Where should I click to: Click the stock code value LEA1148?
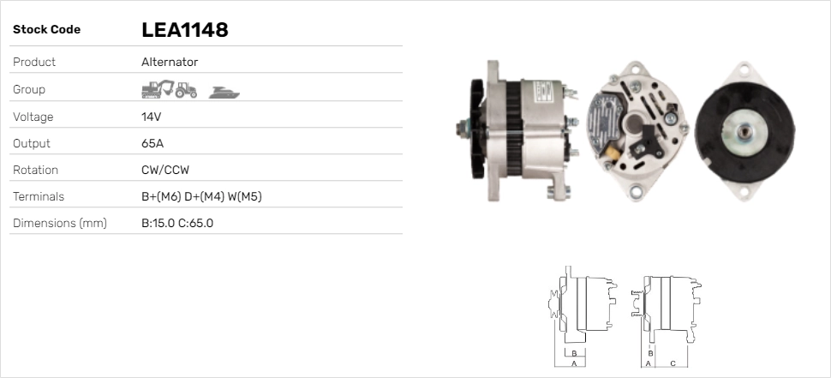[184, 30]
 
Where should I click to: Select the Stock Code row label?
[46, 30]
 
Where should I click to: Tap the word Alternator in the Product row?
[170, 62]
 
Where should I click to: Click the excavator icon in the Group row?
[158, 89]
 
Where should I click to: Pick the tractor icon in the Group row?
[186, 90]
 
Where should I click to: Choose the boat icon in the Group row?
[224, 93]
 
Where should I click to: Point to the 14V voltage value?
[151, 117]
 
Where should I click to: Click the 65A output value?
[152, 143]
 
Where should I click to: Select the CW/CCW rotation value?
[165, 170]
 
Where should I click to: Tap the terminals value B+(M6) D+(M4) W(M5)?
[201, 196]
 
